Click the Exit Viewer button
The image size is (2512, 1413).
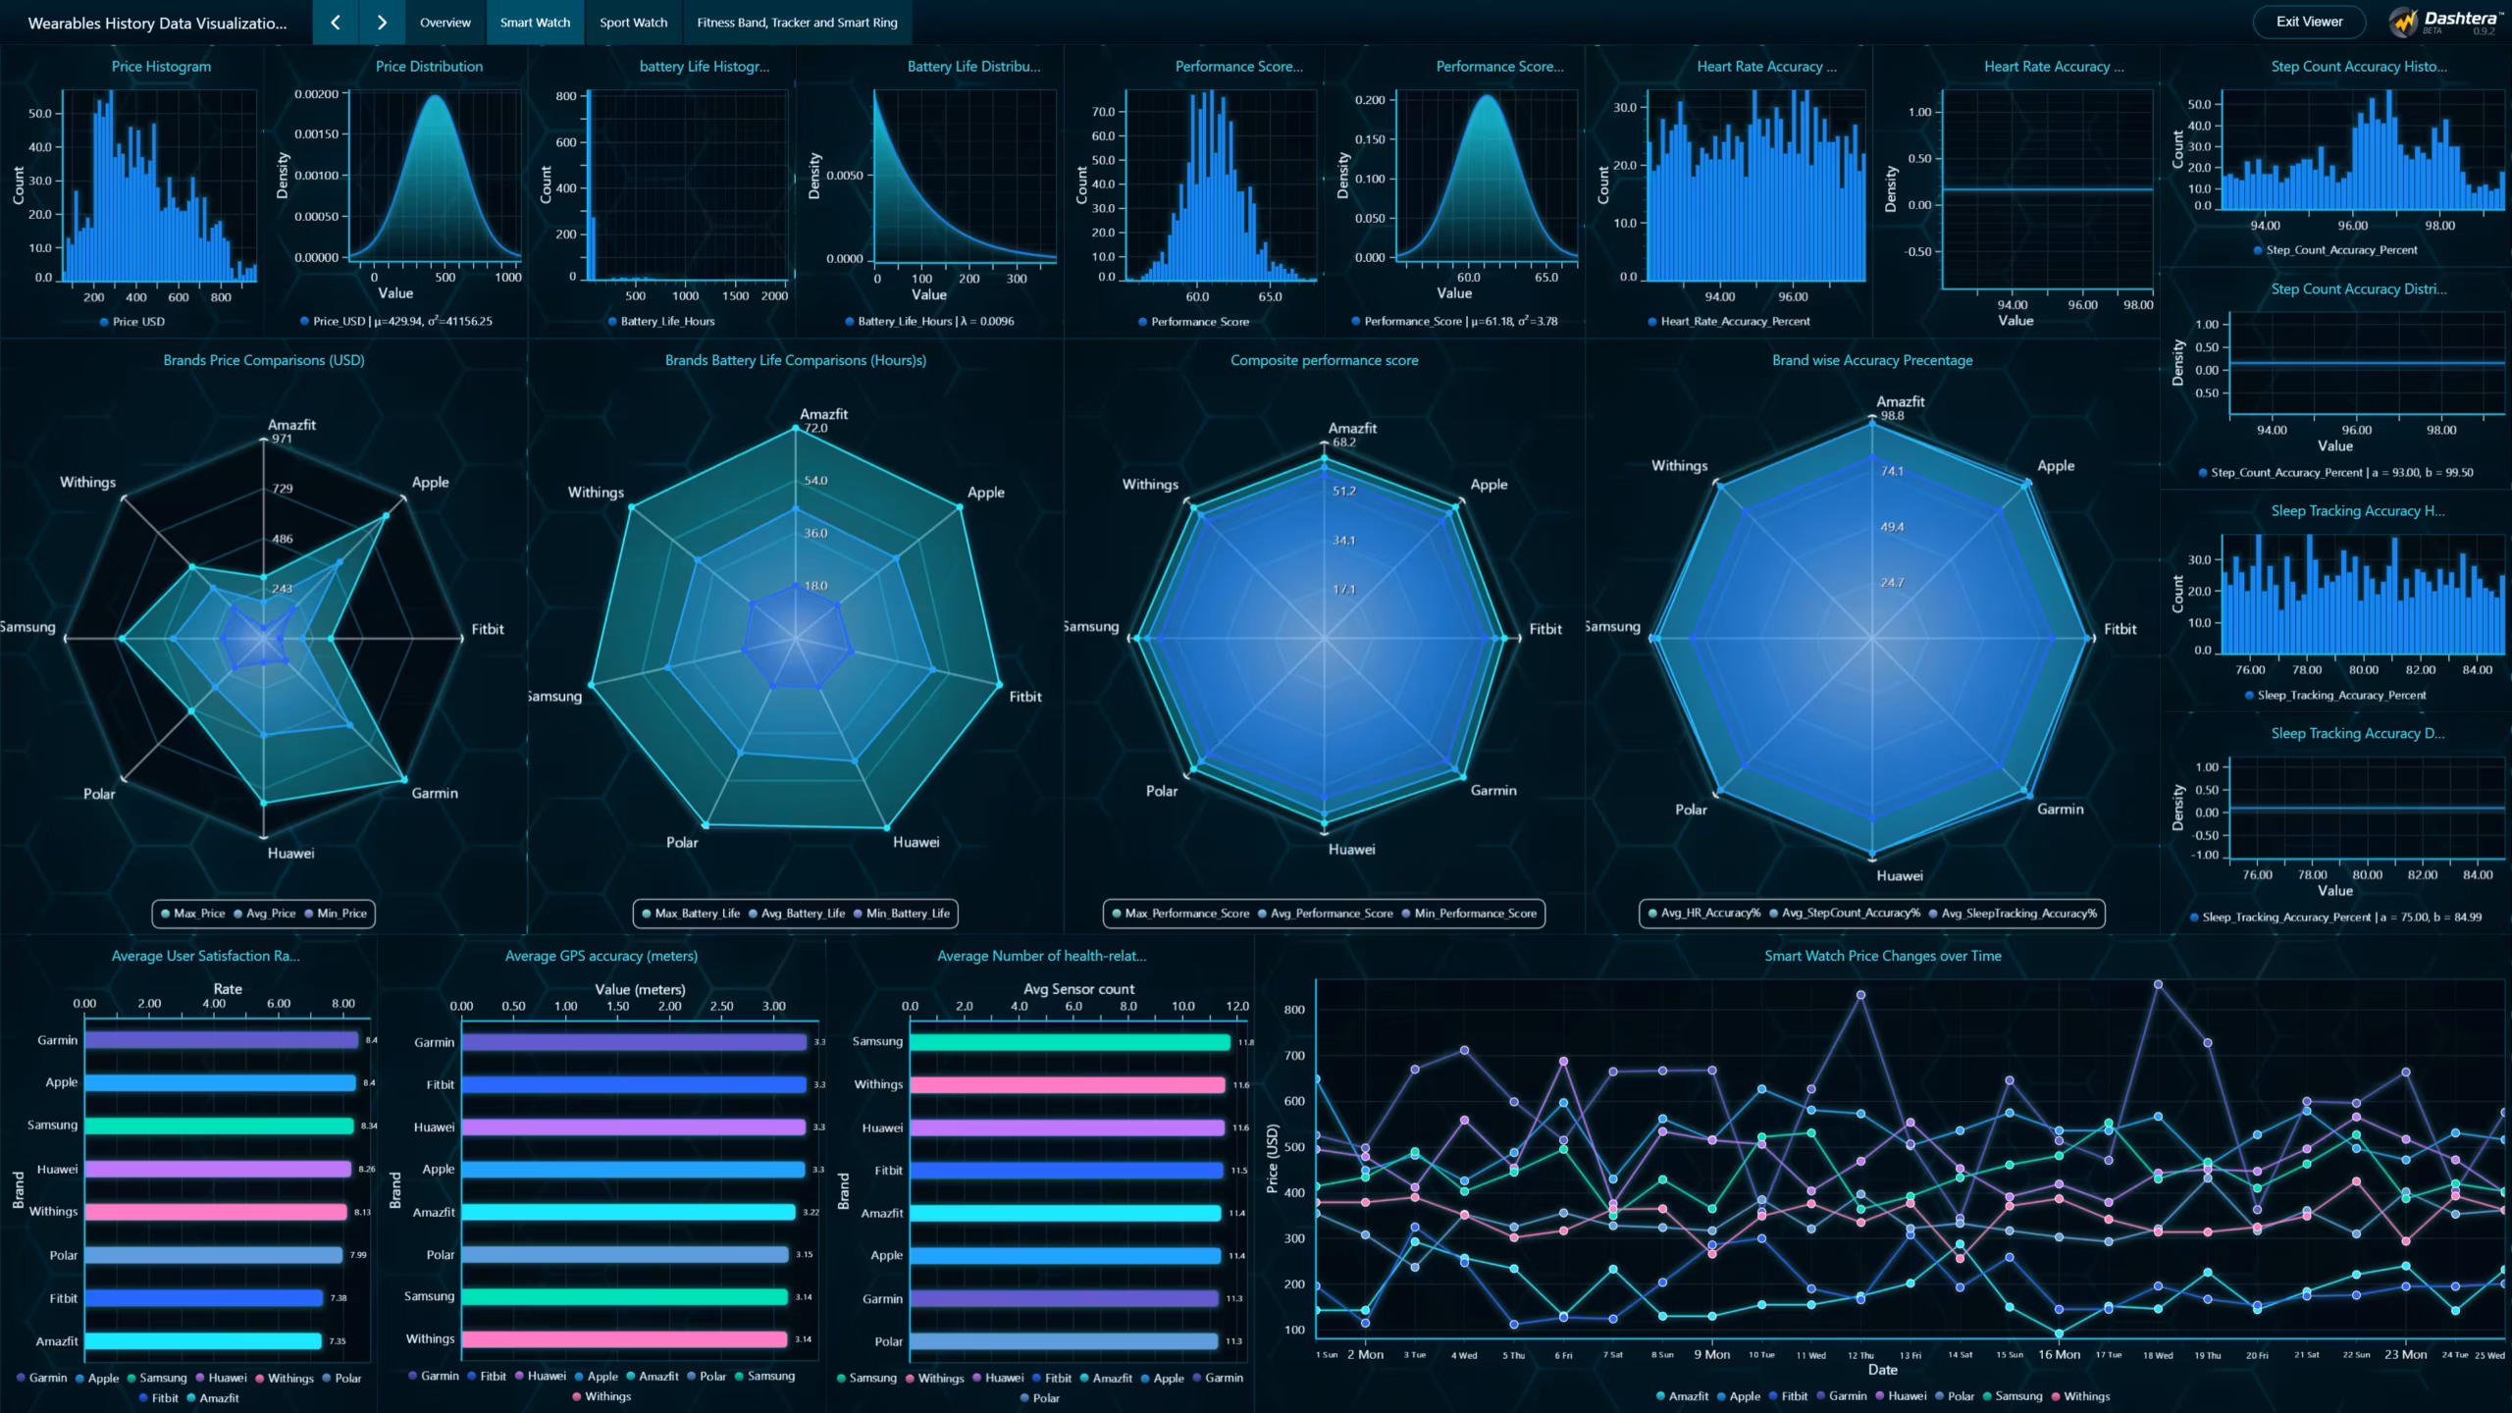click(x=2309, y=22)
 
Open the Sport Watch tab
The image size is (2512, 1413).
click(x=633, y=23)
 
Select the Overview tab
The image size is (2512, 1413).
click(x=445, y=23)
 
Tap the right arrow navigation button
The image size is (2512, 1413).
click(x=382, y=23)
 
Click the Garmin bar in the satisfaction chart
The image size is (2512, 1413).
click(x=221, y=1040)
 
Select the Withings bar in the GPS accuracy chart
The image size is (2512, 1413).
click(x=624, y=1339)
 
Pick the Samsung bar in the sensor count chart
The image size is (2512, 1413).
click(x=1070, y=1042)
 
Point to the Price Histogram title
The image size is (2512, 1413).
click(x=161, y=67)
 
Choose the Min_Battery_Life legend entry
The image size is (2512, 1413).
click(x=907, y=914)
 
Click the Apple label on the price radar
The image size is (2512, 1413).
click(x=430, y=482)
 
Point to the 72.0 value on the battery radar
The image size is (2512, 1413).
click(x=815, y=429)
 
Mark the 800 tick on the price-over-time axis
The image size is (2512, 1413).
click(x=1293, y=1010)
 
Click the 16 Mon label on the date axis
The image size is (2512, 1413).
click(x=2059, y=1354)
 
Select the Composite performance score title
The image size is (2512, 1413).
click(x=1324, y=360)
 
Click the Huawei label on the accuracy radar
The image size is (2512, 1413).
click(x=1899, y=875)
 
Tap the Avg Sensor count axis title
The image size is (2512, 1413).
click(x=1078, y=989)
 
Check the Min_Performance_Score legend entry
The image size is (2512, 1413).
click(x=1475, y=914)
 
